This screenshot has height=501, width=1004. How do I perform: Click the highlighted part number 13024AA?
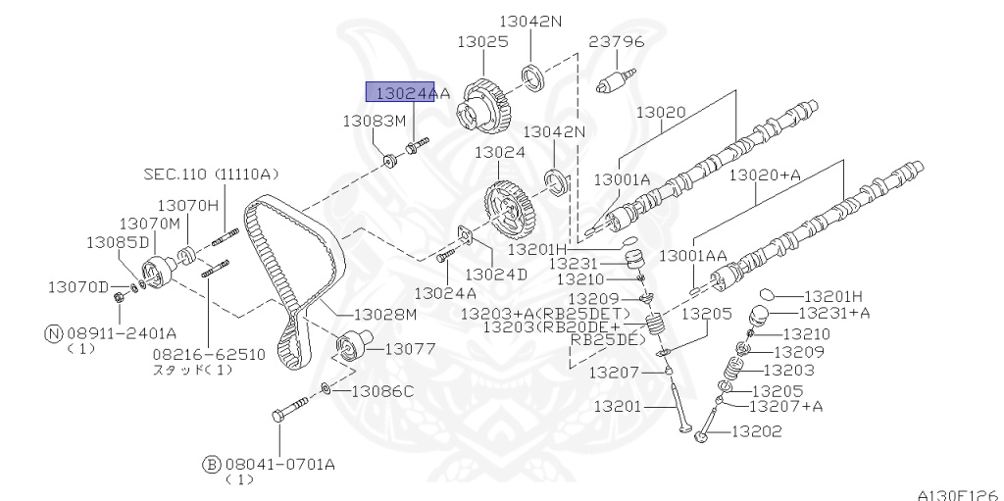pyautogui.click(x=413, y=93)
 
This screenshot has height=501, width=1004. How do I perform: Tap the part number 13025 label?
pyautogui.click(x=482, y=41)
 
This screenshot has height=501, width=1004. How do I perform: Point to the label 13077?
pyautogui.click(x=410, y=349)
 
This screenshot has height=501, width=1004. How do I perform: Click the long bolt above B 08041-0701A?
pyautogui.click(x=290, y=408)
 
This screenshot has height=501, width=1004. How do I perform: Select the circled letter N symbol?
pyautogui.click(x=54, y=333)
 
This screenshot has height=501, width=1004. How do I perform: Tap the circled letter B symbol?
pyautogui.click(x=212, y=465)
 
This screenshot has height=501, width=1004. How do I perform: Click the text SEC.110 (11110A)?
pyautogui.click(x=212, y=174)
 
